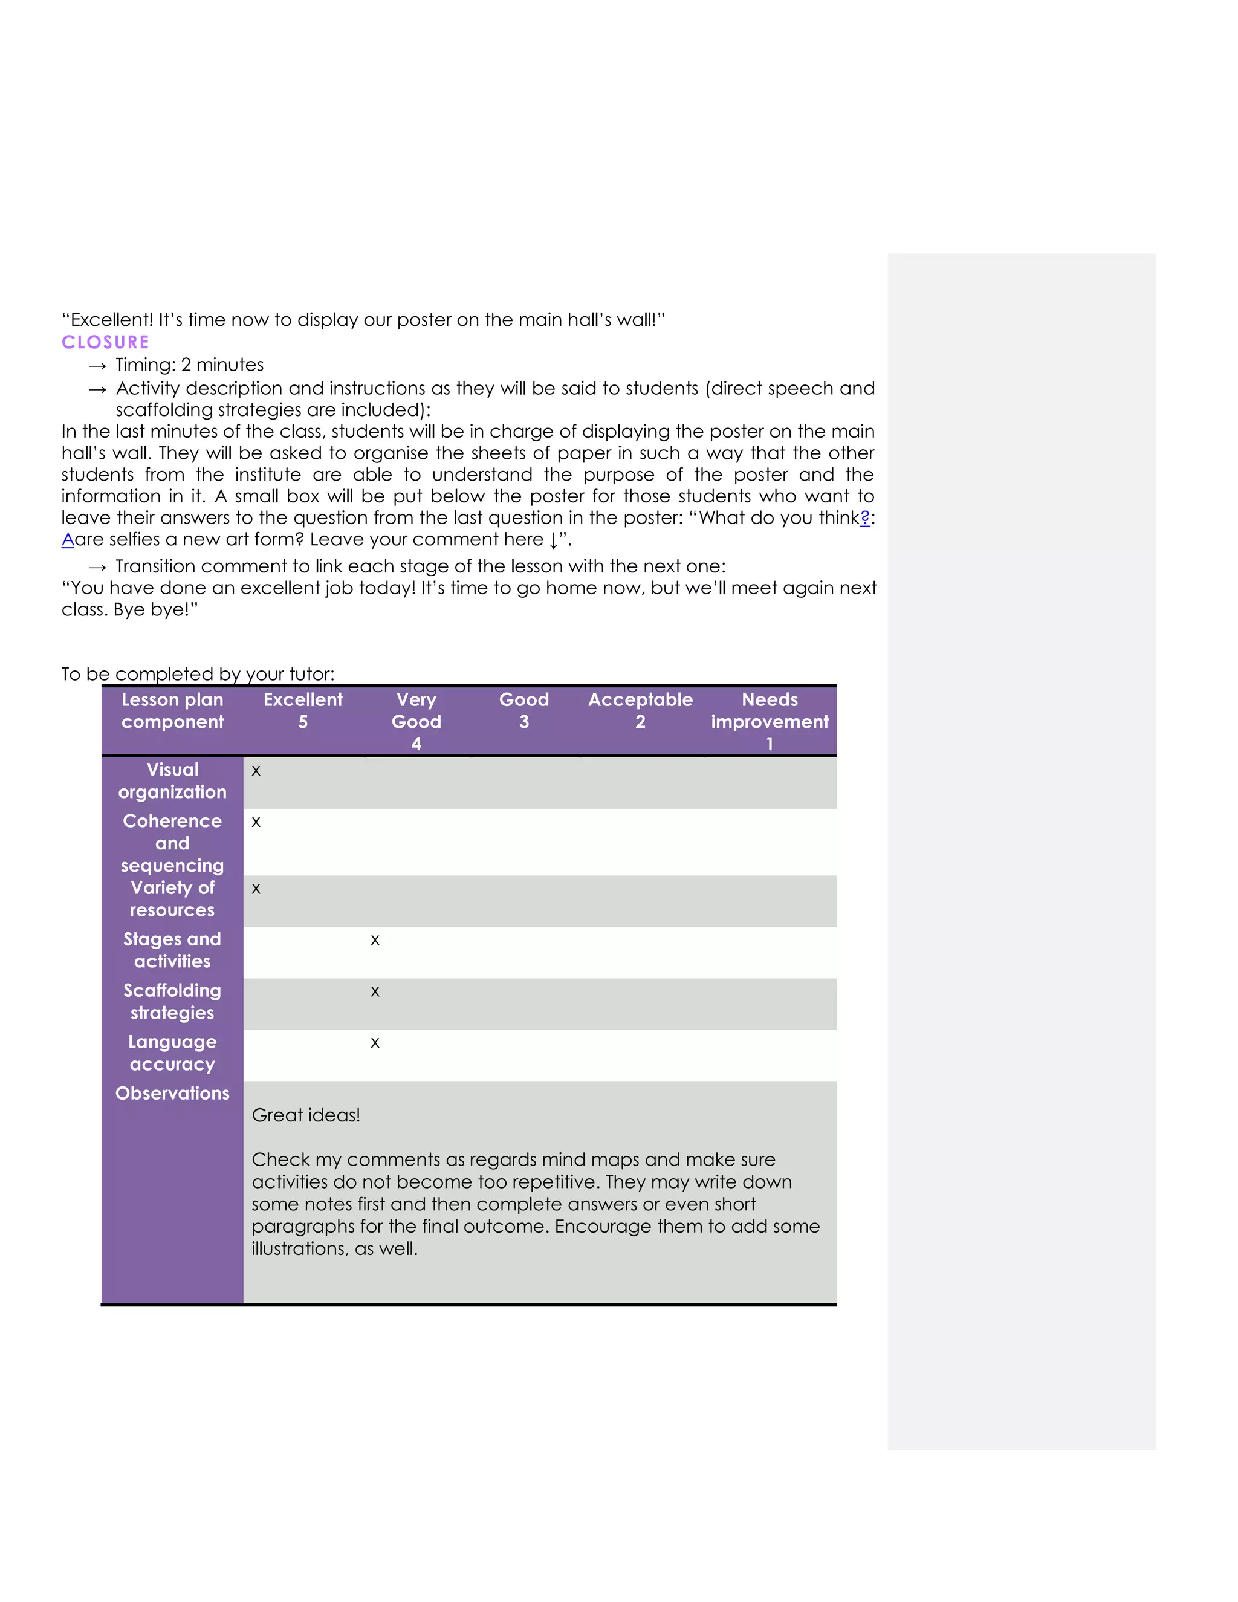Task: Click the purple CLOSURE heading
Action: pos(106,343)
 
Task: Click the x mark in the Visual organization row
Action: pos(256,771)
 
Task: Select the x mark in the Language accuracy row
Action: pos(375,1043)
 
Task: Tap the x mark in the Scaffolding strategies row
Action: pos(375,991)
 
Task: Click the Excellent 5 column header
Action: pos(303,711)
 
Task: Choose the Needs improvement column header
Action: pos(770,721)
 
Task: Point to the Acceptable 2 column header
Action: pos(640,711)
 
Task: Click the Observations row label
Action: pos(172,1094)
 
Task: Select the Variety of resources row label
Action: pos(172,900)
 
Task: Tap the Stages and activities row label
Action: pos(172,951)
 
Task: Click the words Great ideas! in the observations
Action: pos(306,1116)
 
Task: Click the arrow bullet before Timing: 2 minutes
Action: pos(97,366)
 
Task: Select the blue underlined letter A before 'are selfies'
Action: pos(68,540)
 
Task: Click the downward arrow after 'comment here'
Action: pos(553,541)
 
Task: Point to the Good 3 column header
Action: pos(523,711)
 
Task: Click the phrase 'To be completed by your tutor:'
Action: pos(198,674)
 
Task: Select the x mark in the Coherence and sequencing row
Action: pos(256,822)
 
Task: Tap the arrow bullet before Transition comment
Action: pos(97,568)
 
